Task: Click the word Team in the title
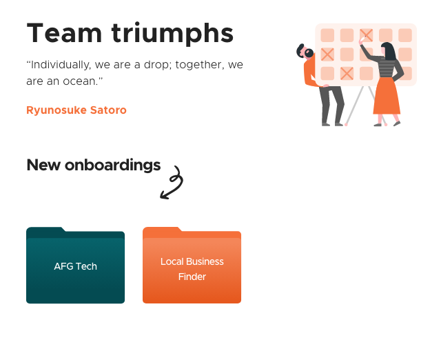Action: click(x=64, y=33)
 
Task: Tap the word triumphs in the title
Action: click(x=172, y=34)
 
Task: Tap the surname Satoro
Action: click(x=108, y=110)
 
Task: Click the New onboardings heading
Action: click(x=94, y=165)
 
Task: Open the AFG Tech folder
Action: click(x=75, y=266)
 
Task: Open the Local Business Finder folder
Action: click(x=192, y=266)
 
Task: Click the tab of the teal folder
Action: click(x=45, y=230)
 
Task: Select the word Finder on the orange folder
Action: click(x=192, y=277)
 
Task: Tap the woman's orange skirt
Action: click(x=387, y=97)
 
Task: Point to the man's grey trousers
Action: click(x=332, y=104)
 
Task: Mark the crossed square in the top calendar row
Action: click(x=366, y=35)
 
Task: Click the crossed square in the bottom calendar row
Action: click(x=347, y=74)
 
